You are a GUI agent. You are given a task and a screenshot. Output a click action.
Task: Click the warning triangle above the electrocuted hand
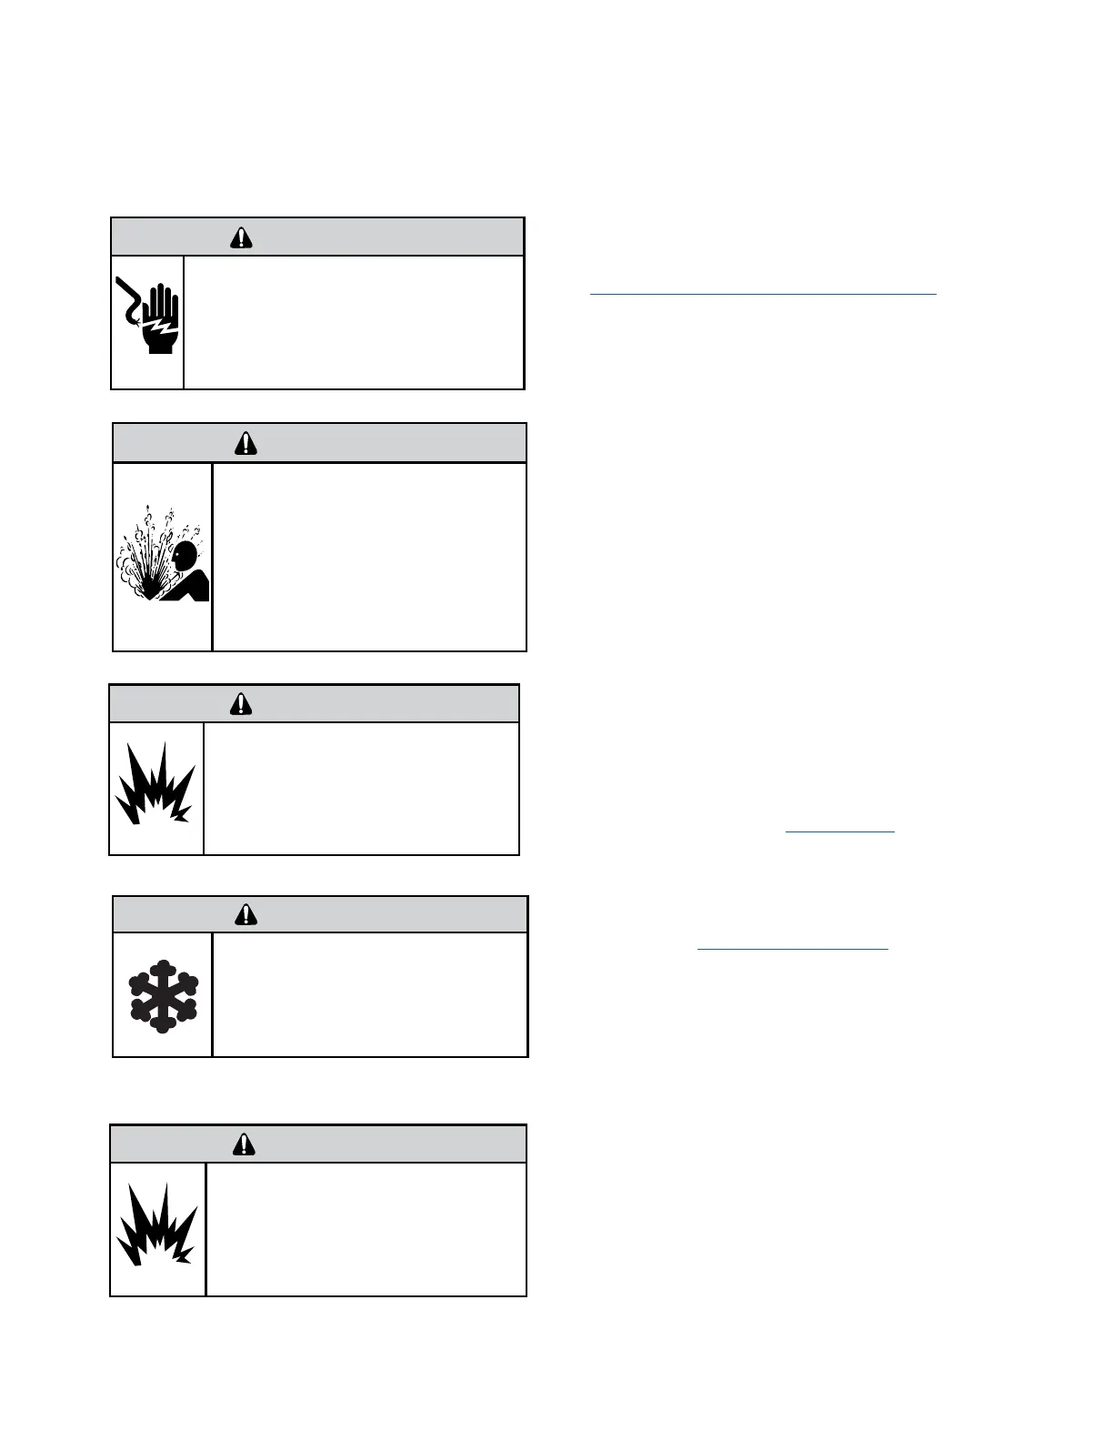(241, 237)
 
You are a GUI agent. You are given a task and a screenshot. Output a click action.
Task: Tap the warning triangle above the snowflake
(246, 914)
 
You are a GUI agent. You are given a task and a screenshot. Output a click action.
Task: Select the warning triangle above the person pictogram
(246, 443)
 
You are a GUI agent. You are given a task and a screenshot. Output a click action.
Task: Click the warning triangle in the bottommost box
(244, 1144)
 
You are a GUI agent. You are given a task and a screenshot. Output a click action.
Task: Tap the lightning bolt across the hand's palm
(163, 326)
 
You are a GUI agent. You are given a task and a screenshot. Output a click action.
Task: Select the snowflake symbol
(162, 995)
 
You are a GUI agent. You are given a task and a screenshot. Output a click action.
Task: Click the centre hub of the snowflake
(162, 995)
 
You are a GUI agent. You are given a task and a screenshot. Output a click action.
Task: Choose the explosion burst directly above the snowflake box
(155, 788)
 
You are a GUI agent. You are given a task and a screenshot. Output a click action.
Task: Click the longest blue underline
(762, 294)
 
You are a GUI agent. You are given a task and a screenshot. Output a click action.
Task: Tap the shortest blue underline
(839, 831)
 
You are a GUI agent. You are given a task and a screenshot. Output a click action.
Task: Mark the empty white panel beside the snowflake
(369, 994)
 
